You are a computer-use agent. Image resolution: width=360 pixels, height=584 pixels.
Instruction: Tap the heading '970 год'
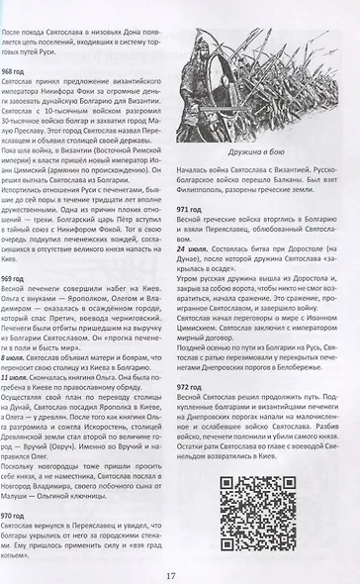click(x=29, y=516)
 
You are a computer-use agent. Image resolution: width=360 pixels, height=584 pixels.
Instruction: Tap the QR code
click(x=249, y=521)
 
